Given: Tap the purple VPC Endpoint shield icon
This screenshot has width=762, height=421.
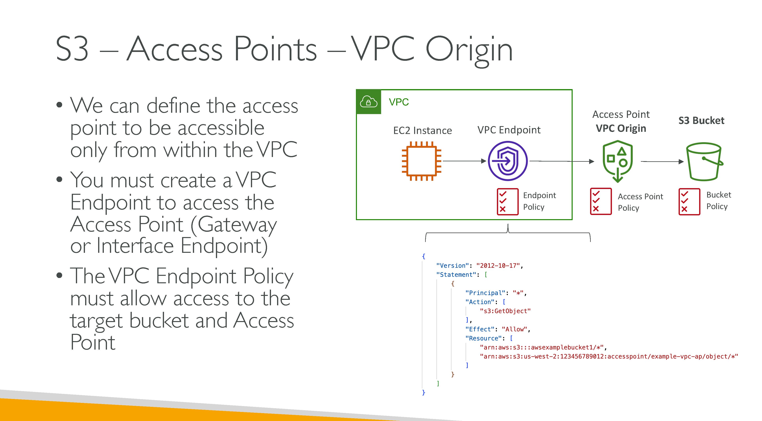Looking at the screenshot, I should tap(508, 161).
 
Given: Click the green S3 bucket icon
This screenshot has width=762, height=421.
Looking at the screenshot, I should tap(704, 162).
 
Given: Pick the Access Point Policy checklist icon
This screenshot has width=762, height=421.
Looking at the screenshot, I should tap(601, 201).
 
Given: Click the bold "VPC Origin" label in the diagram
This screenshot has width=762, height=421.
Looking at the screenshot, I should tap(621, 128).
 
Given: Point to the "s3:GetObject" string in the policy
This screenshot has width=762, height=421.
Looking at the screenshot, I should tap(505, 311).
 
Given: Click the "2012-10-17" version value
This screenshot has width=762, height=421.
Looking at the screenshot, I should tap(498, 266).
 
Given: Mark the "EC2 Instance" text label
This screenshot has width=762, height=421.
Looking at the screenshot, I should tap(422, 130).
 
